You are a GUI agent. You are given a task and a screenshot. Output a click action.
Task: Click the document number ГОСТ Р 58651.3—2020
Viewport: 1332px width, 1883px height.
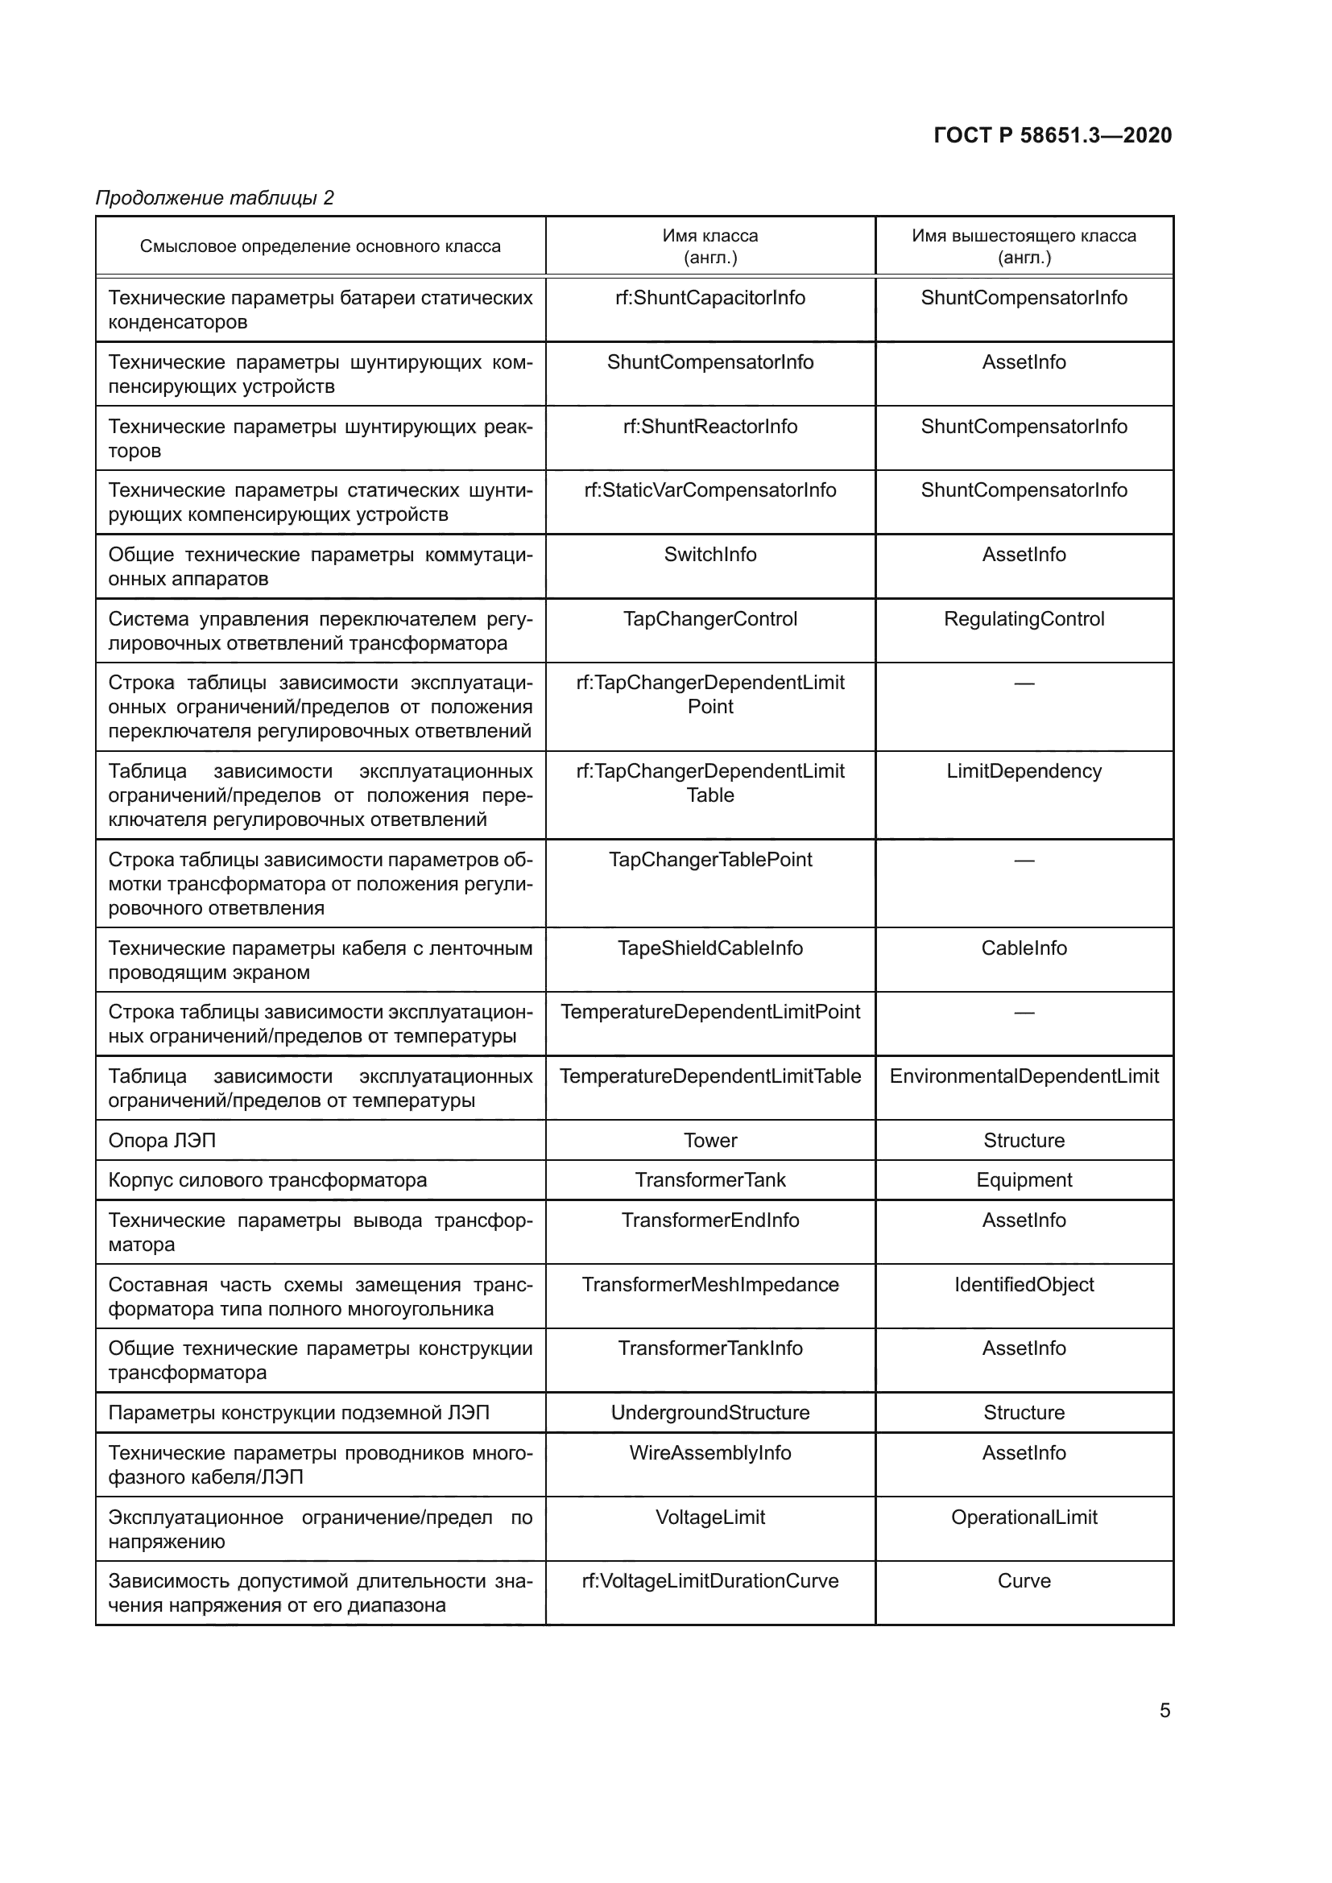[1053, 135]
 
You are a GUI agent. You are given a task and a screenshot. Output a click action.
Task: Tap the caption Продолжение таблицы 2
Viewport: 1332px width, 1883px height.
[215, 198]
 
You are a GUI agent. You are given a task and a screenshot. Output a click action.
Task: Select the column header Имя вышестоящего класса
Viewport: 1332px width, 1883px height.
[1024, 246]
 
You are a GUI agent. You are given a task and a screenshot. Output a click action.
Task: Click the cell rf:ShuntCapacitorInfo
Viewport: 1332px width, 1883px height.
[710, 298]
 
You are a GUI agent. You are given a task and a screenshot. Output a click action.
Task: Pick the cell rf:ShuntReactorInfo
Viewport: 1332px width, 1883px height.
[710, 427]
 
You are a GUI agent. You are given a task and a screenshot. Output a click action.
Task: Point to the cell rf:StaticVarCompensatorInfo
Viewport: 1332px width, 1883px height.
[710, 490]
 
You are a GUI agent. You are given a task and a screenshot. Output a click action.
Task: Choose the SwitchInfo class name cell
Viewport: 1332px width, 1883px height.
[710, 555]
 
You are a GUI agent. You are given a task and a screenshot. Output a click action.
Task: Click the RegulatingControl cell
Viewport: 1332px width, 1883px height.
[1024, 618]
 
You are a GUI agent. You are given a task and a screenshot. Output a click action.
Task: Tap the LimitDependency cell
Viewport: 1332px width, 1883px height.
[1024, 771]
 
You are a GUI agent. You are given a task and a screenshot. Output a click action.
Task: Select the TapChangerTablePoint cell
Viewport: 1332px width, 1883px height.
[710, 860]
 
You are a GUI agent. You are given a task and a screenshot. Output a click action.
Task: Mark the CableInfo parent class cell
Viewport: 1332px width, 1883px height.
[1024, 948]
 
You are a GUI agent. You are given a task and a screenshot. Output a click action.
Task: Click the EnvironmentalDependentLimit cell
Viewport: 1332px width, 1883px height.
[1024, 1076]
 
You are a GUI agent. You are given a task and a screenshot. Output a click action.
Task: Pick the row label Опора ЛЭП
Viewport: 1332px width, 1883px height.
[163, 1140]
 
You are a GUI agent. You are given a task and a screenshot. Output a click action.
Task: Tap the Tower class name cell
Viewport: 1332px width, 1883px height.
[710, 1140]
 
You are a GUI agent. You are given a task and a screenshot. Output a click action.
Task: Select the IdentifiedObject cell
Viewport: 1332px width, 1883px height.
[1024, 1284]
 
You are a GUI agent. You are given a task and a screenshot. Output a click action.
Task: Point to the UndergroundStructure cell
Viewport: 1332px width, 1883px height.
[710, 1412]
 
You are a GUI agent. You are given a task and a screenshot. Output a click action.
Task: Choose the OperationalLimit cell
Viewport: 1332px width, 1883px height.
[1024, 1518]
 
